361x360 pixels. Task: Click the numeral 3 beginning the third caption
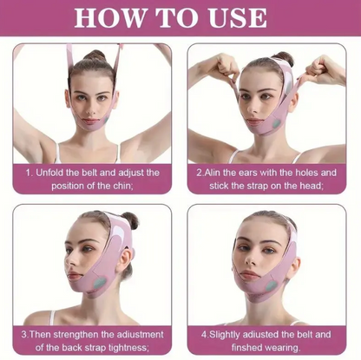click(x=23, y=333)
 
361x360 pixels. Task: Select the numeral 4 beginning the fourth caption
click(x=205, y=333)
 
